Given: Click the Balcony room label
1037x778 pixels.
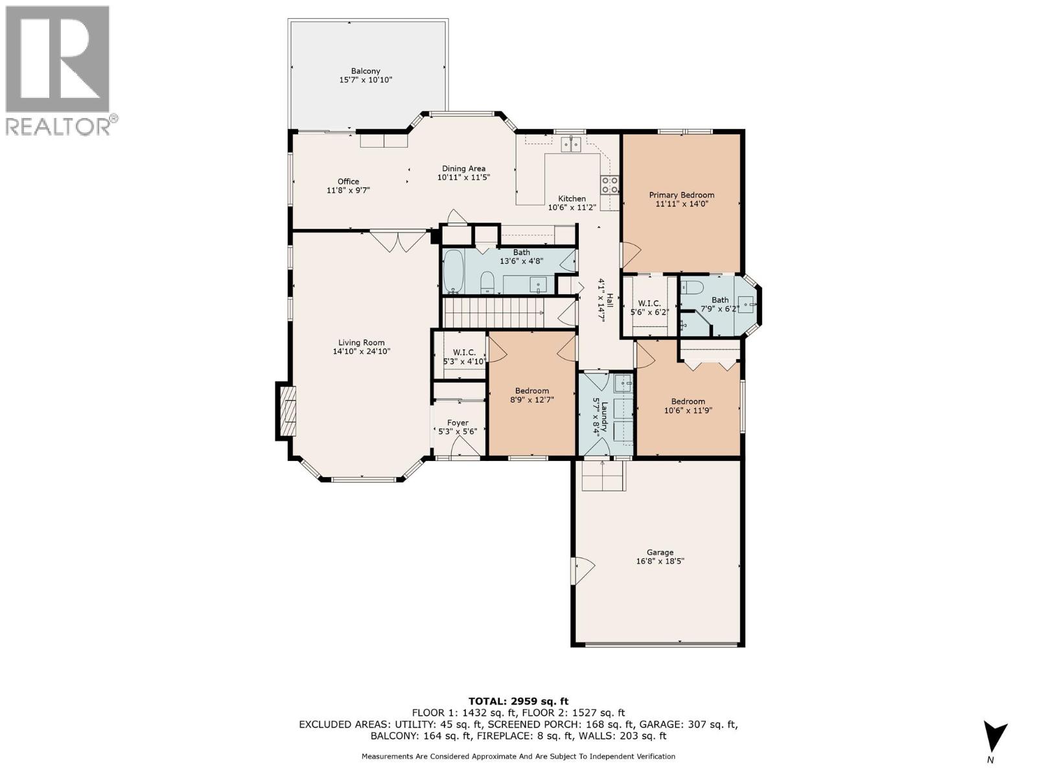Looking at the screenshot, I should pos(366,71).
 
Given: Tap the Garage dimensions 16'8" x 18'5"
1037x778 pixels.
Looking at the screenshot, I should pos(660,562).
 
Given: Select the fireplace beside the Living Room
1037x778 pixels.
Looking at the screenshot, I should pos(286,412).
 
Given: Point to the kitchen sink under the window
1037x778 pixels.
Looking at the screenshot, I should pos(570,144).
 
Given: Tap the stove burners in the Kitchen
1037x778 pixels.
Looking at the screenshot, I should pos(609,185).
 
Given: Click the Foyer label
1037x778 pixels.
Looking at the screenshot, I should pos(458,423).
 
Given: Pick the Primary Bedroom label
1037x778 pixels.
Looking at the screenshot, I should pos(682,194).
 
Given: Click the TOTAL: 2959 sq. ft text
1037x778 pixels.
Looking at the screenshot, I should pos(518,701).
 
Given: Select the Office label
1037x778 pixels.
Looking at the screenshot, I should pos(348,182).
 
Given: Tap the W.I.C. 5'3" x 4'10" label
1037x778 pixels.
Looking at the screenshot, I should pos(464,357).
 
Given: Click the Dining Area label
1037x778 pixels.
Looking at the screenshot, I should pos(463,169).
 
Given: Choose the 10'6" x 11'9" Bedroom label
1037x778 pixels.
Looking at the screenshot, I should pos(688,405).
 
